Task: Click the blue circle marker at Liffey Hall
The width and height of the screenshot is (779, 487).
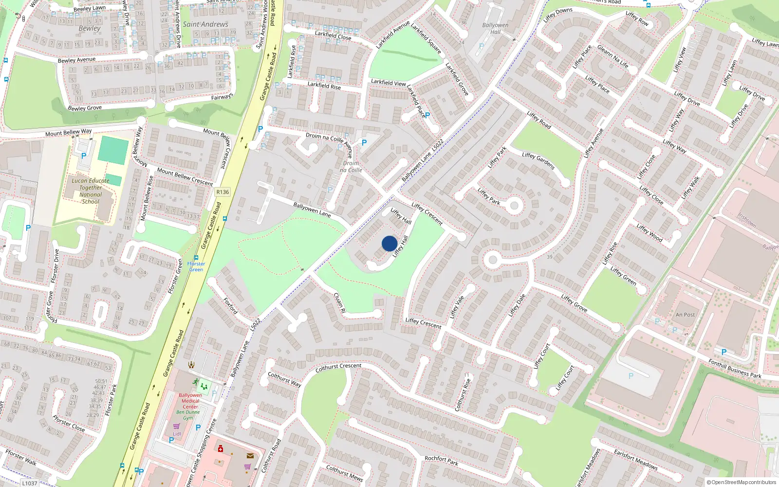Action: (x=389, y=243)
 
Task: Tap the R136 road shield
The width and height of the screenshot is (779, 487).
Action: (x=223, y=192)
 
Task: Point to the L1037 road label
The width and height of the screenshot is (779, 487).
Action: (x=30, y=483)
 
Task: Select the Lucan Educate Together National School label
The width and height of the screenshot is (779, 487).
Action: (x=91, y=191)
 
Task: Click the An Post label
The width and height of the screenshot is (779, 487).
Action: (x=686, y=315)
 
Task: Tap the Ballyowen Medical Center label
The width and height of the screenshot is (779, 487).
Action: (x=190, y=401)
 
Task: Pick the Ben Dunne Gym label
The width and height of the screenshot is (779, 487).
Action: (x=188, y=415)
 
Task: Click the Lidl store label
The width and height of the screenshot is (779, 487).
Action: (x=177, y=433)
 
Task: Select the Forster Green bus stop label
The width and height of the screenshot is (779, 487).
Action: (x=196, y=266)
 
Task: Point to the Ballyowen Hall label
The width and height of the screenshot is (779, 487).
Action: (x=495, y=28)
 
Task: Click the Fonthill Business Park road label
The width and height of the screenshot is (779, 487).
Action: (x=735, y=369)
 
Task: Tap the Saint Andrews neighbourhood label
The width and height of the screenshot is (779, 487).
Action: (x=205, y=24)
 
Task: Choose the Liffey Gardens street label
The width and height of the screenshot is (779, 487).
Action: (x=538, y=160)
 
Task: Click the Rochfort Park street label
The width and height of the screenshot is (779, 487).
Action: (x=441, y=460)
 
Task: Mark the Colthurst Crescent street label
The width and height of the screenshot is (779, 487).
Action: (x=338, y=368)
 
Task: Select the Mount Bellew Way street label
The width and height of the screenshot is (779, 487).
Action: (x=68, y=132)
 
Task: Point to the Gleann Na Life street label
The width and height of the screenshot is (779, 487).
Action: (x=612, y=57)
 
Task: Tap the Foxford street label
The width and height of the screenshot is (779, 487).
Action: (x=230, y=306)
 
